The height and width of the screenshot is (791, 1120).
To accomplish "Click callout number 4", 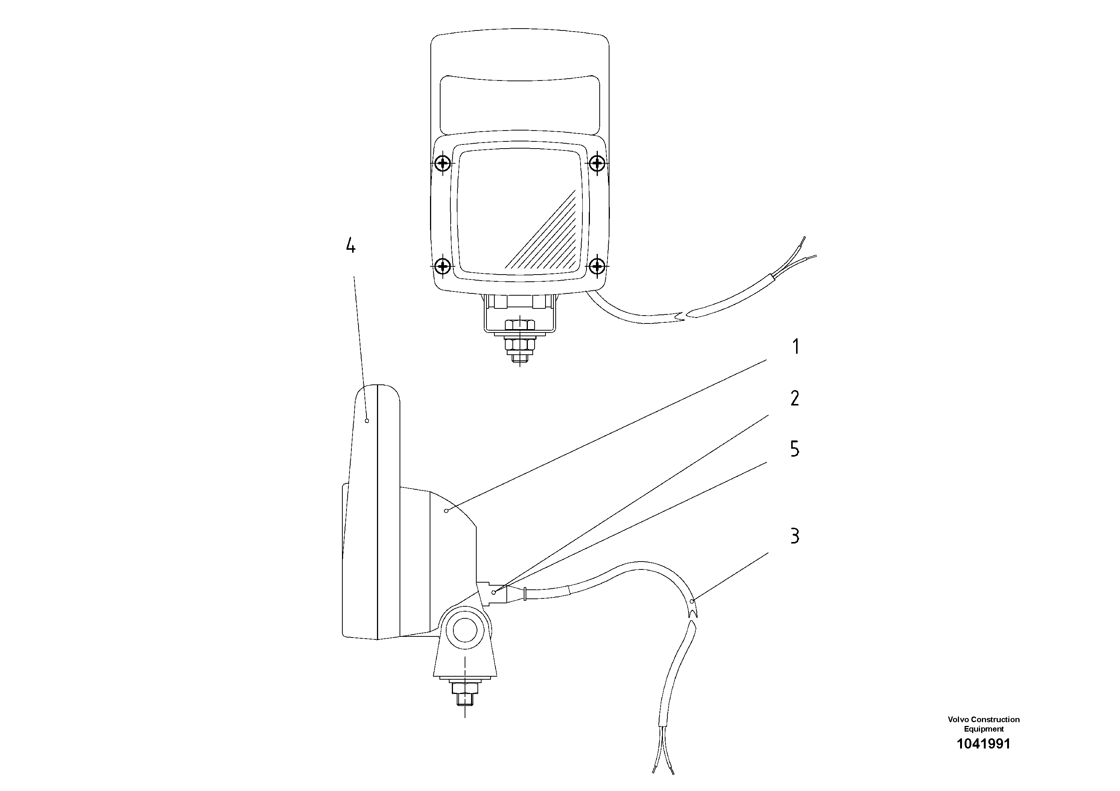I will tap(350, 246).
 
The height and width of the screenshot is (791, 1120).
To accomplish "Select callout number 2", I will tap(795, 398).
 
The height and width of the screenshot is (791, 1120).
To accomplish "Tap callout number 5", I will tap(795, 449).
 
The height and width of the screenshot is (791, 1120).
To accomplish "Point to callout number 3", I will tap(795, 536).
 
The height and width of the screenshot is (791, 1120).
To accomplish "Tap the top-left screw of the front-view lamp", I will tap(443, 162).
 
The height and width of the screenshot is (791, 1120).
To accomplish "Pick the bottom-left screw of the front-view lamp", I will tap(443, 266).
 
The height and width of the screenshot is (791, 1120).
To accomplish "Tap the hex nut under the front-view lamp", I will tap(520, 325).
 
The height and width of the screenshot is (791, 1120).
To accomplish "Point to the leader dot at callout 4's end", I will tap(367, 421).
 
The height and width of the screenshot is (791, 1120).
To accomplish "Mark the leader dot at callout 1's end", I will tap(446, 510).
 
